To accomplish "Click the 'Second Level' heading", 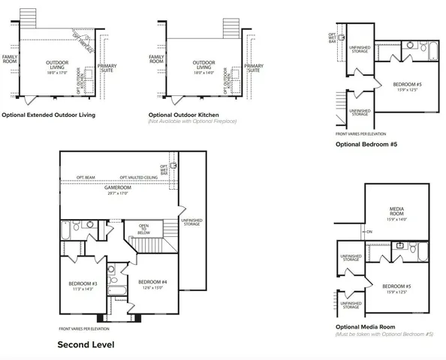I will pos(86,345).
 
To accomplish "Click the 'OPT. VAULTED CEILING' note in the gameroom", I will pos(138,178).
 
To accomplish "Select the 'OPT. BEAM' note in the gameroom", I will pos(85,178).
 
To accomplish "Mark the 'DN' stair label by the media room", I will pos(369,232).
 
